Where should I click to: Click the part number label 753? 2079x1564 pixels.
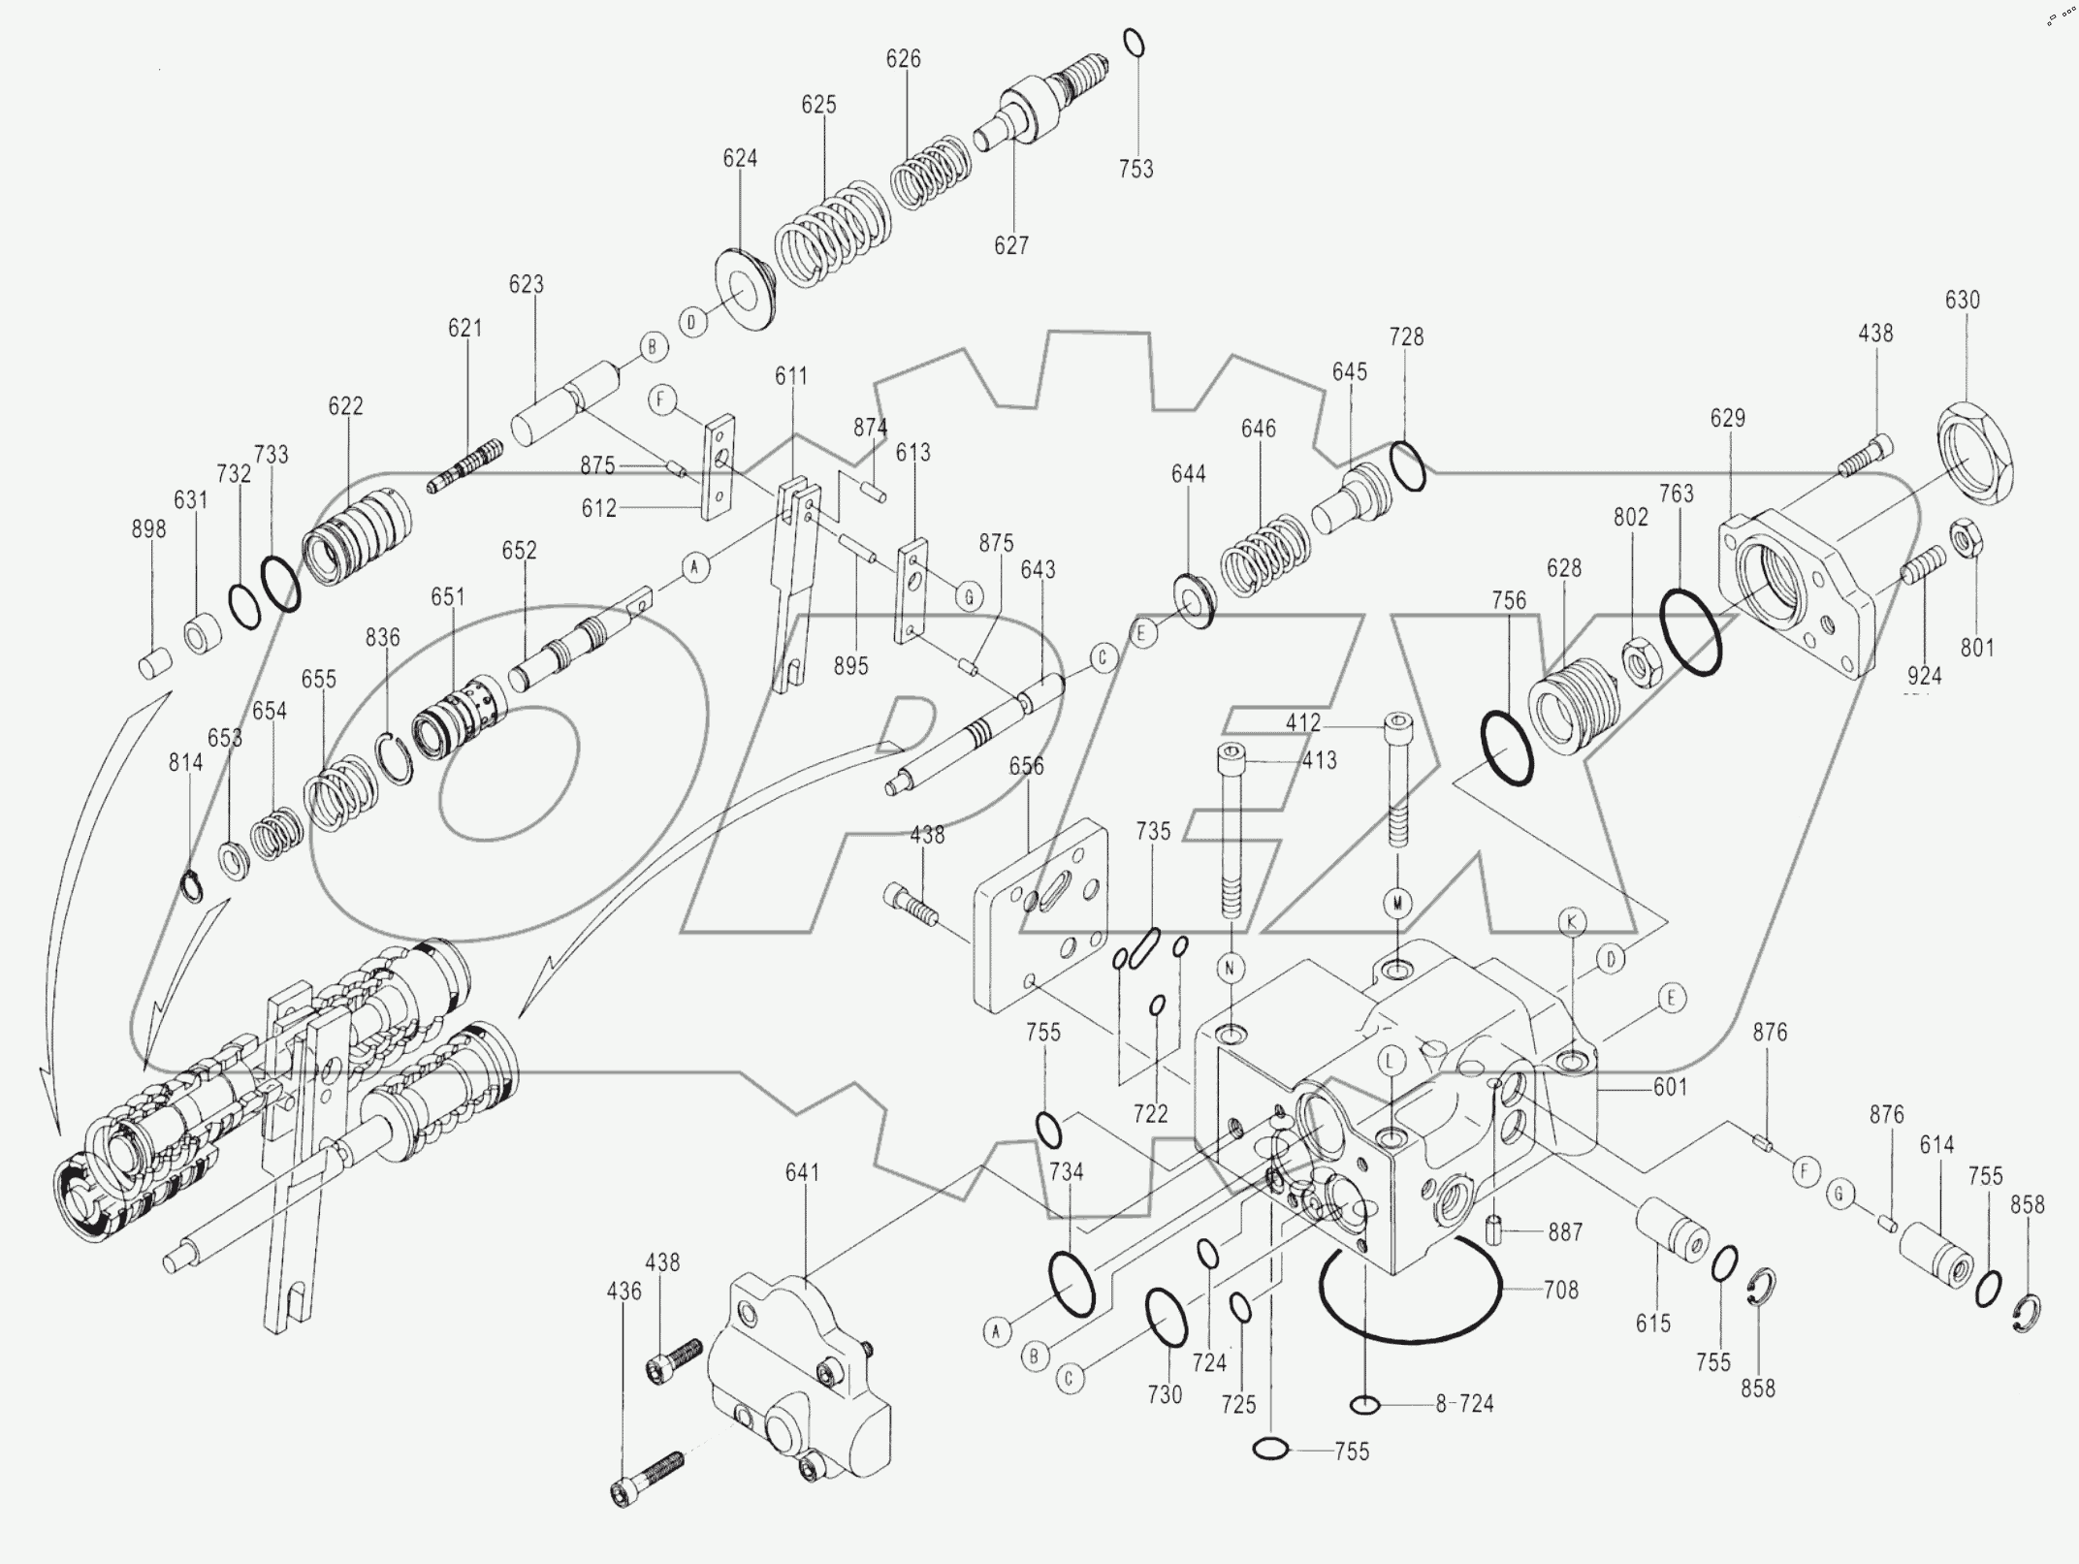1135,169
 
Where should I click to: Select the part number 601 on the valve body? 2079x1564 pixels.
1670,1088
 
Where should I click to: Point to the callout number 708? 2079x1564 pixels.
1561,1290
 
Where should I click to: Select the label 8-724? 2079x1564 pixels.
1465,1403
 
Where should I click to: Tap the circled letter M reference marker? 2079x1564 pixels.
1397,904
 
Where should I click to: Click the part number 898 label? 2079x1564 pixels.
148,529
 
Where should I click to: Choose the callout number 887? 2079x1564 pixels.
1565,1232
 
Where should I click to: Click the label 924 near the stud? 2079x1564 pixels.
1924,676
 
